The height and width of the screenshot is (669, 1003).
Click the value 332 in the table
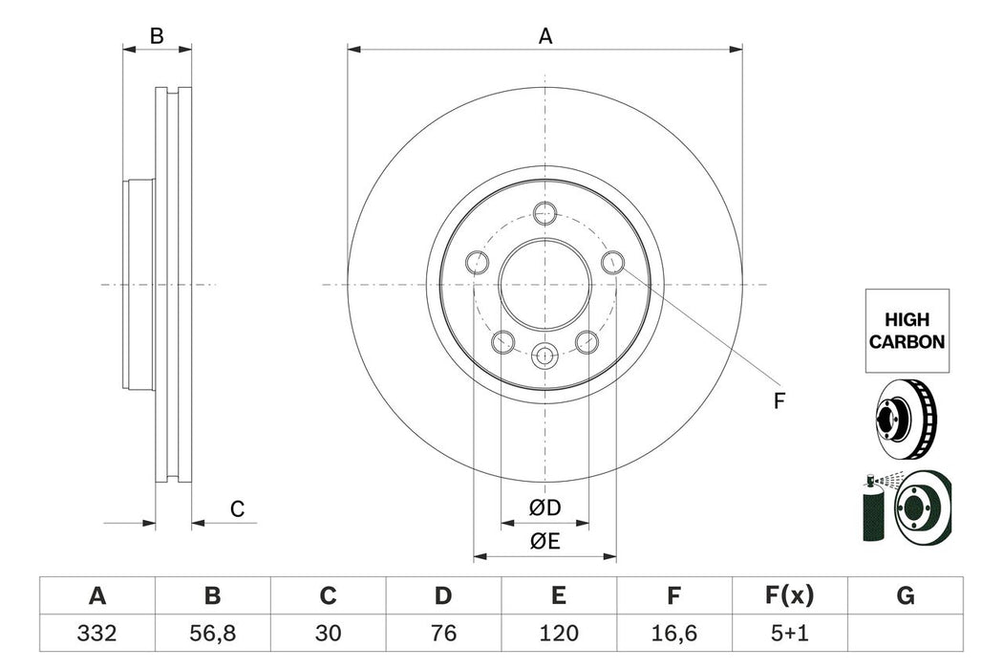(x=96, y=633)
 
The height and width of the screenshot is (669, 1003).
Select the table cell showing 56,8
(x=212, y=633)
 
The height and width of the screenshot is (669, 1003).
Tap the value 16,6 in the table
(x=673, y=633)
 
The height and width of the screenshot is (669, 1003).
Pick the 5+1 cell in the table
(x=789, y=633)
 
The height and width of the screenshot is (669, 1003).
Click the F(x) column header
(x=789, y=596)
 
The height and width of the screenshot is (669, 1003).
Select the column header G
(x=905, y=596)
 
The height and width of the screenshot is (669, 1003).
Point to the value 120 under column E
(x=558, y=633)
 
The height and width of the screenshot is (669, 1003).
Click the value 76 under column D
(x=442, y=633)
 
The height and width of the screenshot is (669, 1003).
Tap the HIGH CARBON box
(x=907, y=331)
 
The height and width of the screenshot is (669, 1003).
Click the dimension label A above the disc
(x=545, y=36)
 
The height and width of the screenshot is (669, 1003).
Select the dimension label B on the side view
(x=157, y=36)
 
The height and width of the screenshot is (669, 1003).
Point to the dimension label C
(x=237, y=509)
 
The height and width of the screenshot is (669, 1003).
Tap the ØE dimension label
(x=545, y=542)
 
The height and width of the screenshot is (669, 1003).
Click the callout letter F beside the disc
(x=779, y=401)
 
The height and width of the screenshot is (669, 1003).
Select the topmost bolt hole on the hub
(x=545, y=214)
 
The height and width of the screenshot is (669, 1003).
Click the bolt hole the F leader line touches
(x=613, y=262)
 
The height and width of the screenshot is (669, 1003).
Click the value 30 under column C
(x=328, y=633)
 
